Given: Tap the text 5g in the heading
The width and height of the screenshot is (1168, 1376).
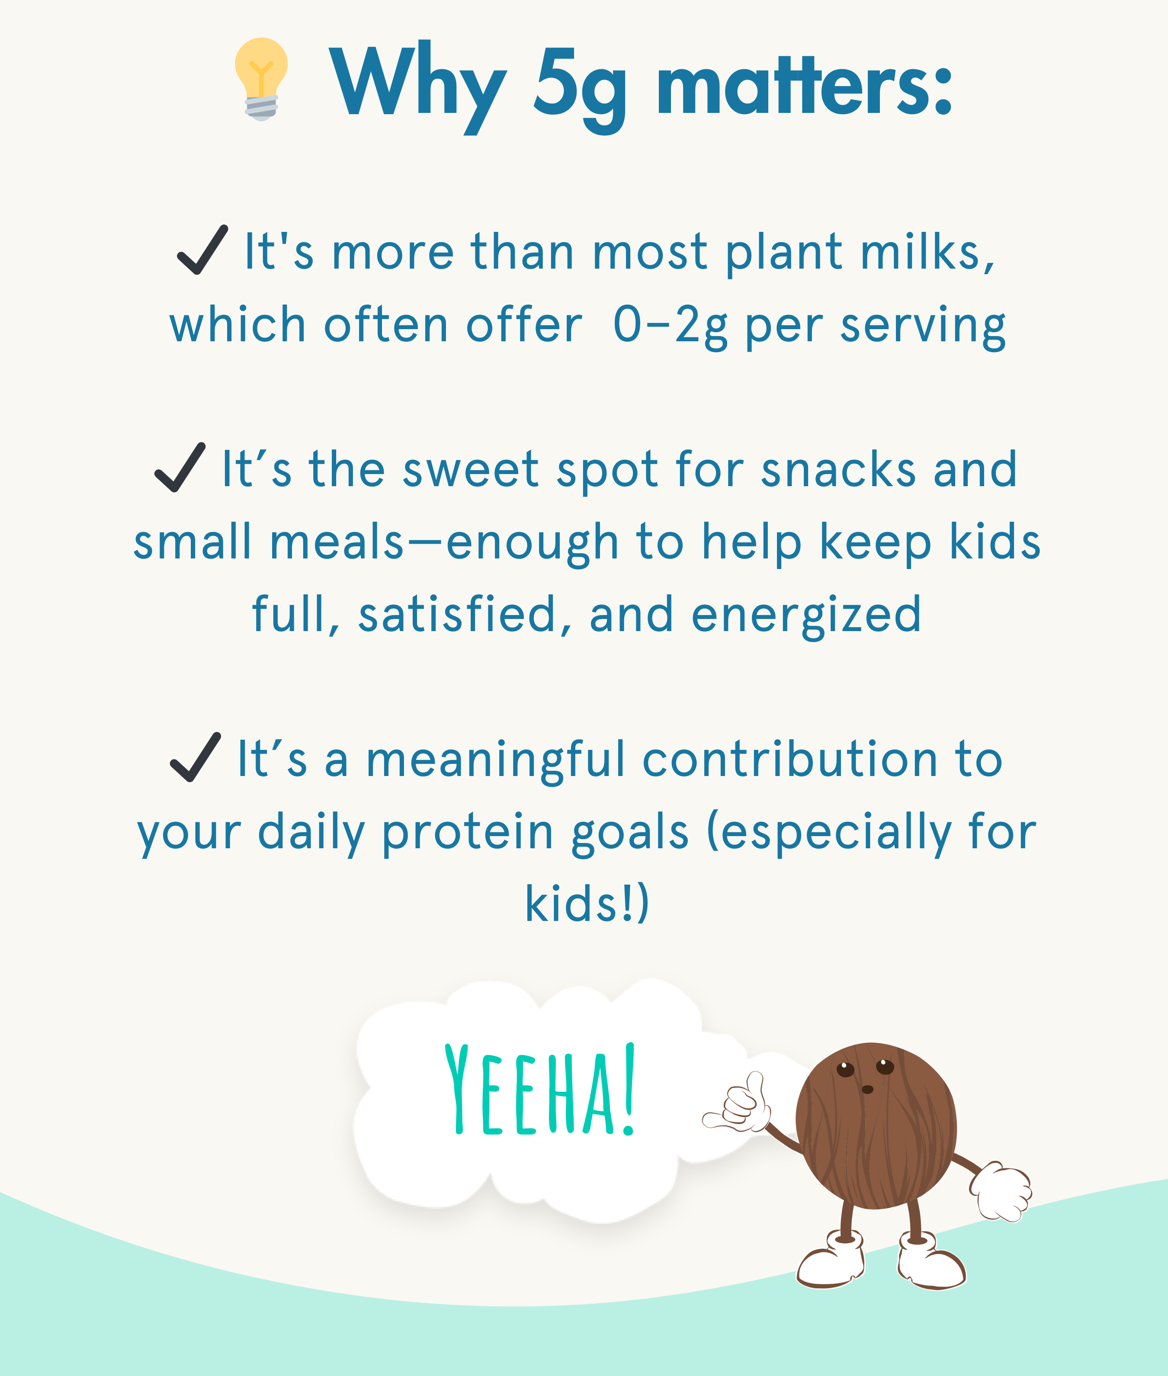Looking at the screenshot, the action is coord(579,88).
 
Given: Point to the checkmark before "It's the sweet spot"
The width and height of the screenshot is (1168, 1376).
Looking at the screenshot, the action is coord(180,468).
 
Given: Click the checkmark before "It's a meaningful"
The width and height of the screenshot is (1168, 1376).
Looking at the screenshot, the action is coord(196,757).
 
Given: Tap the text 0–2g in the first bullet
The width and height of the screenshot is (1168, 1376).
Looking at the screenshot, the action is coord(670,326).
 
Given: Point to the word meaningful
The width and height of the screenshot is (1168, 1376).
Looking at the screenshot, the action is coord(495,760).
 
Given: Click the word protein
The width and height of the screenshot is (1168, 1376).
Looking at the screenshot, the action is coord(468,833).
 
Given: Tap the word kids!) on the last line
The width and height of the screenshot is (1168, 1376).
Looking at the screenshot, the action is coord(587,903).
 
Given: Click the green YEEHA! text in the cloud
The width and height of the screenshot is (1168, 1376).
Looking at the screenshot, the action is coord(539,1089).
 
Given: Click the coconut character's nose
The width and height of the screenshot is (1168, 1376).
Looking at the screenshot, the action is coord(867,1089).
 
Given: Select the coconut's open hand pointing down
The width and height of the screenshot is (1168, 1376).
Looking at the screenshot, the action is coord(1001,1191).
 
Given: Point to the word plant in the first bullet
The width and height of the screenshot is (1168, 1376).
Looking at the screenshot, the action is coord(784,253).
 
